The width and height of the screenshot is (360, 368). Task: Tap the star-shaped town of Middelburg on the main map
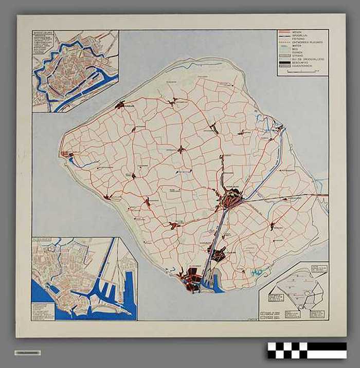(229, 198)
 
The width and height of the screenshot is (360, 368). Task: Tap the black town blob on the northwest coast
(120, 105)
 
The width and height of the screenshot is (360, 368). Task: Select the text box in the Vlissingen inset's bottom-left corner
(42, 311)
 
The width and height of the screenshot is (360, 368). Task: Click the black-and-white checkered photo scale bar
(307, 351)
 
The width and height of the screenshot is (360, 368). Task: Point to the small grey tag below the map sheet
(27, 353)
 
